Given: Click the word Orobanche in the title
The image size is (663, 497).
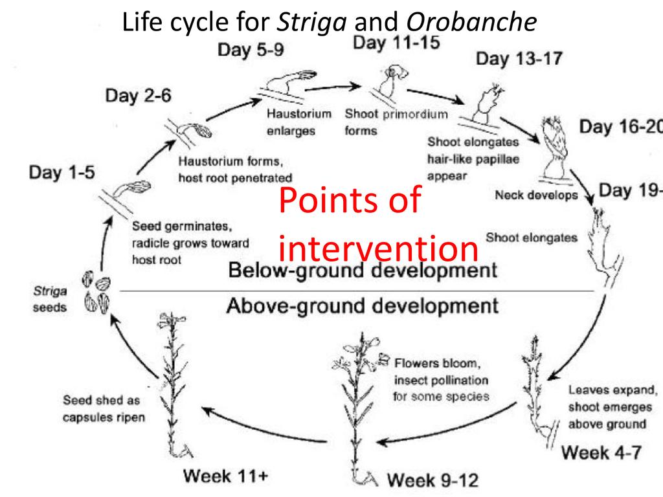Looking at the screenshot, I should [471, 22].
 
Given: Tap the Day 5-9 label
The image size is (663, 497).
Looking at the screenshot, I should [251, 50].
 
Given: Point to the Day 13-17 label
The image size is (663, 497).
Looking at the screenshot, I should [519, 59].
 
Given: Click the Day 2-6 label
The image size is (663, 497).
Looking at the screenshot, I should [138, 96].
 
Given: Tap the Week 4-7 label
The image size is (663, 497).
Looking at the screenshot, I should [601, 452].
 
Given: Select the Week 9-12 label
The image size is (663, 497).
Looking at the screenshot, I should [433, 480].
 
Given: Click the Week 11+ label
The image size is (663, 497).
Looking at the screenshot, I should [225, 476].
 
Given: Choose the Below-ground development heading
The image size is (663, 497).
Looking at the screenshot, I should [363, 270].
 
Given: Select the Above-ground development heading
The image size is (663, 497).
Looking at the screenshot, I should [362, 305].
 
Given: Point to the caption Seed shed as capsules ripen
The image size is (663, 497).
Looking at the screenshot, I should [104, 409].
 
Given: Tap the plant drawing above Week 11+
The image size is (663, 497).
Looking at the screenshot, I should [172, 382].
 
